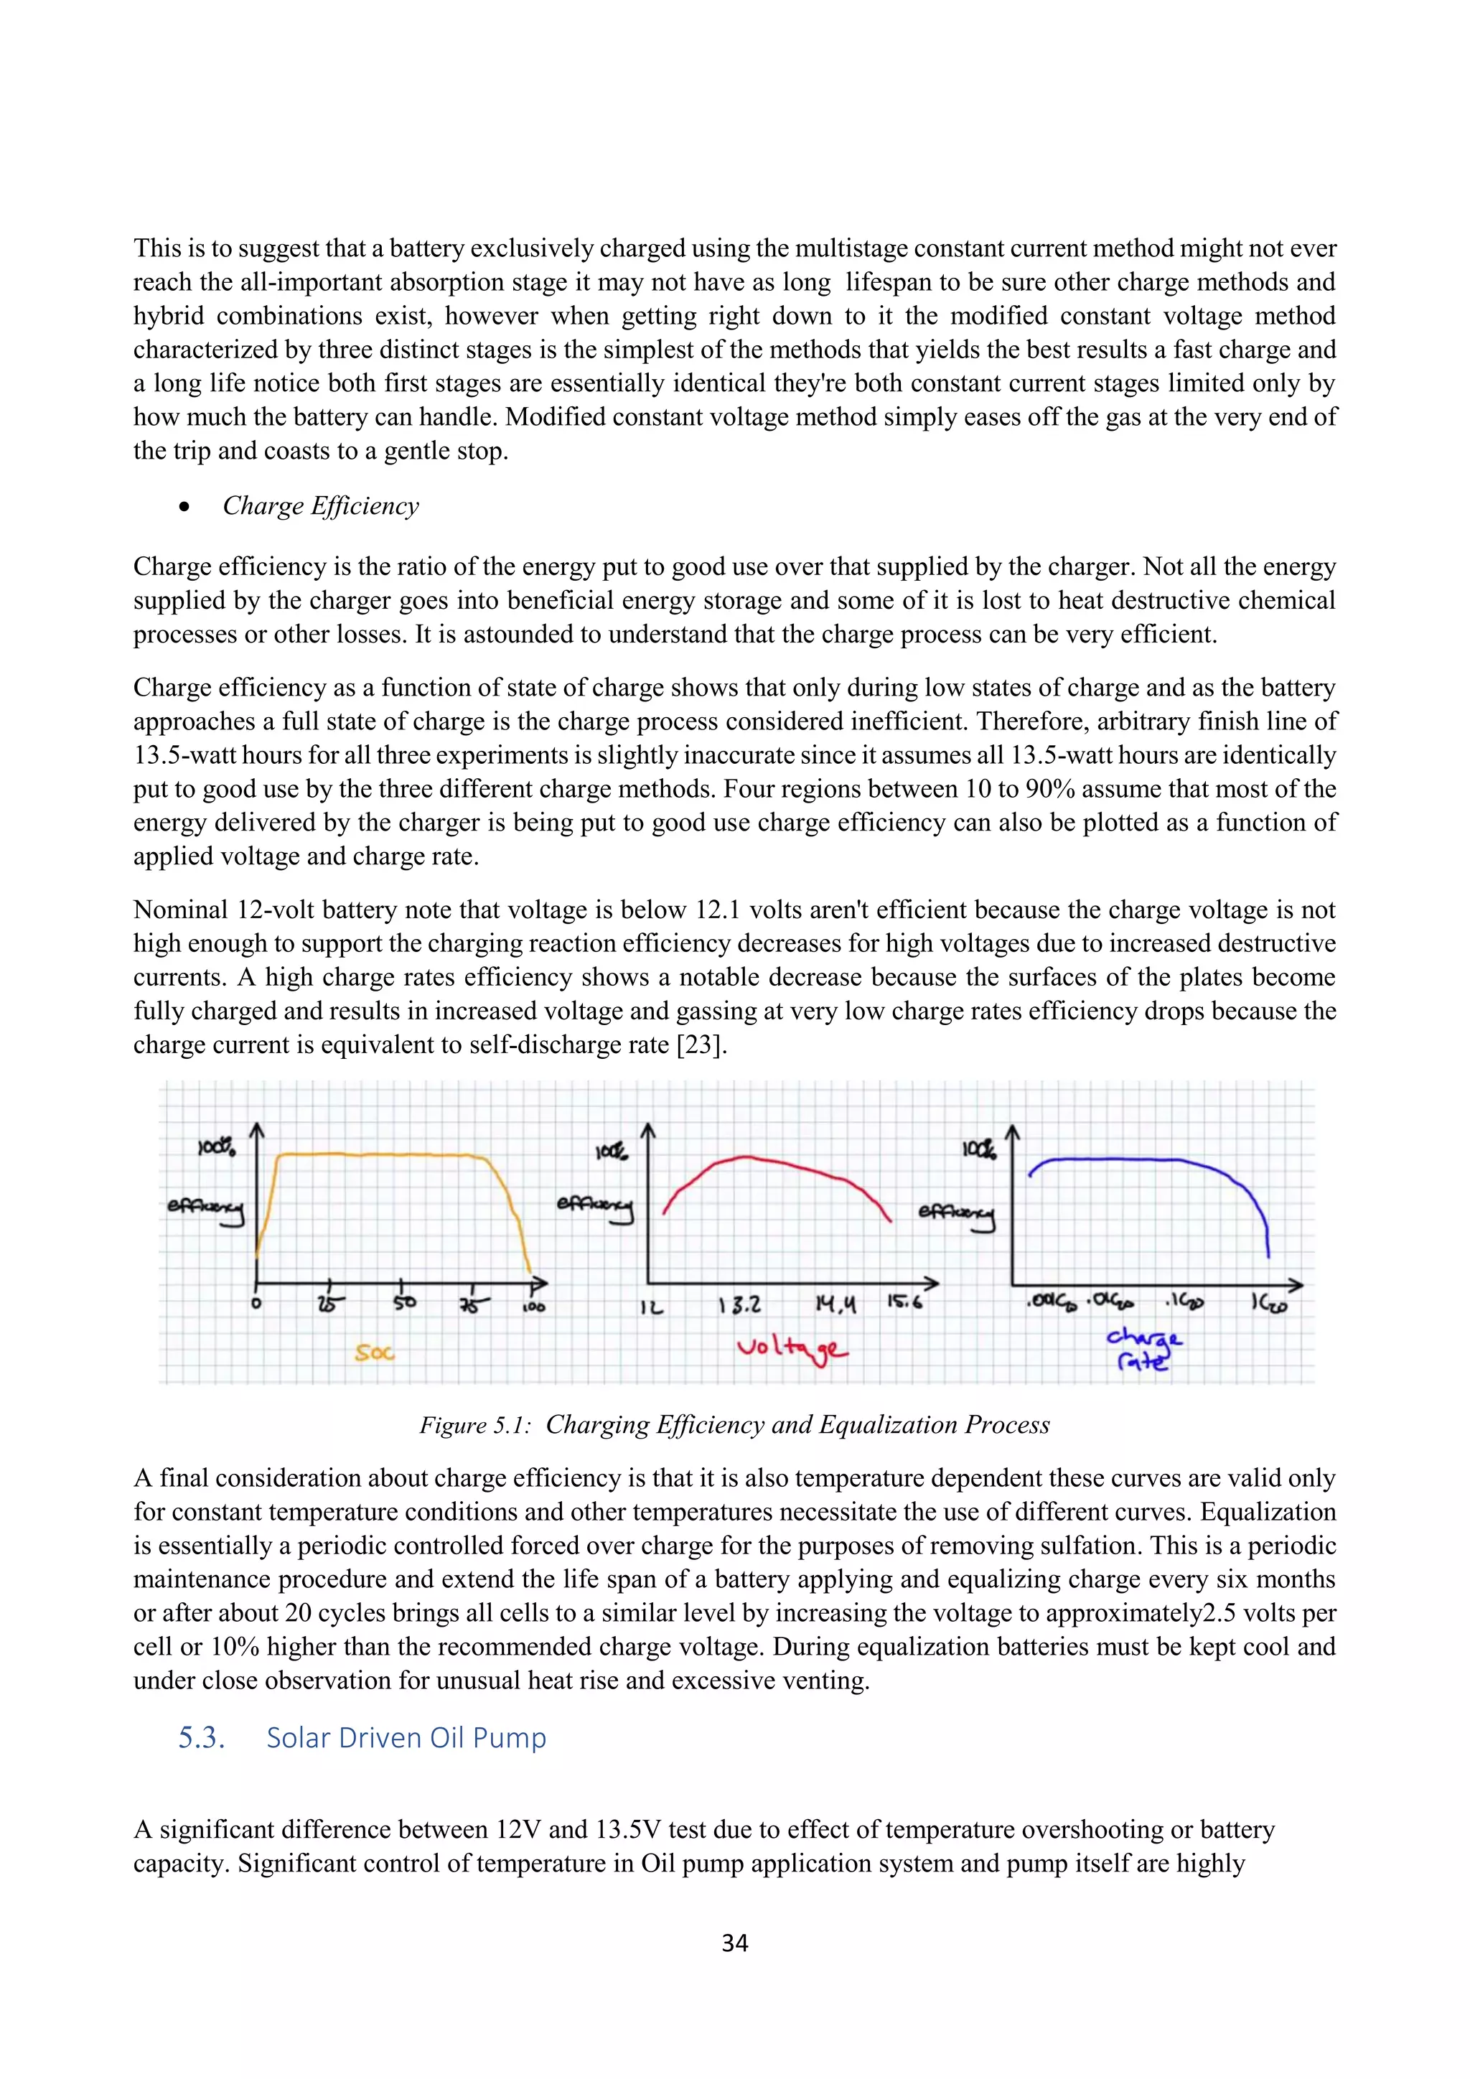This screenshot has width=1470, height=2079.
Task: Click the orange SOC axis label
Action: click(375, 1352)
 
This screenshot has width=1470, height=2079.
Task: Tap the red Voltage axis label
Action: click(791, 1349)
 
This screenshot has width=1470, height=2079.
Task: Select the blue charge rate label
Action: click(1144, 1348)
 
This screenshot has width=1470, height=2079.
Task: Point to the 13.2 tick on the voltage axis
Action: click(739, 1305)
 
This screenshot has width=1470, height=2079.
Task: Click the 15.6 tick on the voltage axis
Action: click(904, 1302)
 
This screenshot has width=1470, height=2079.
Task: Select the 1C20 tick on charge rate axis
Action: click(1269, 1303)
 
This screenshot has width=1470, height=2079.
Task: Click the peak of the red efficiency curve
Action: click(746, 1157)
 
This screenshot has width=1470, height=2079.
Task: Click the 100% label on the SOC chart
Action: click(217, 1147)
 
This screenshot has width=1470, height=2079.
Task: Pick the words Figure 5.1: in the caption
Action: click(474, 1425)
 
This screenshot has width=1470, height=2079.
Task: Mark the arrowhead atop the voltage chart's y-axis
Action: click(648, 1131)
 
